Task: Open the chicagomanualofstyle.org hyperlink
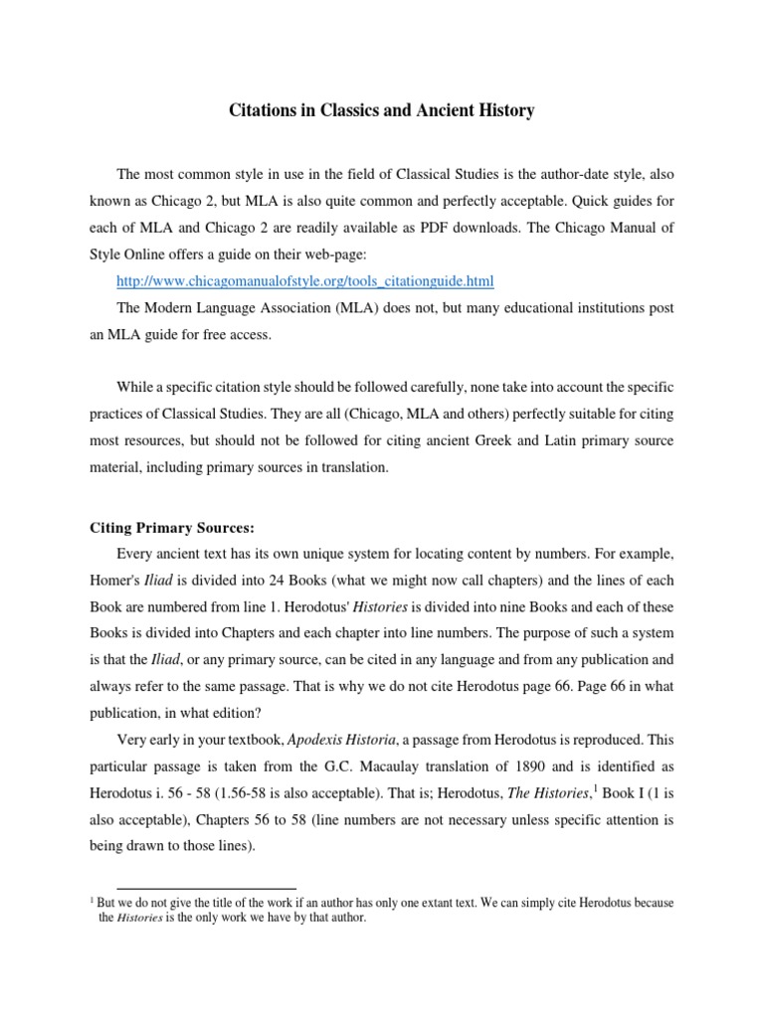305,281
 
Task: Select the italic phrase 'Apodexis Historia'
328,741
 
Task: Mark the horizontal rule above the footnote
206,888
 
